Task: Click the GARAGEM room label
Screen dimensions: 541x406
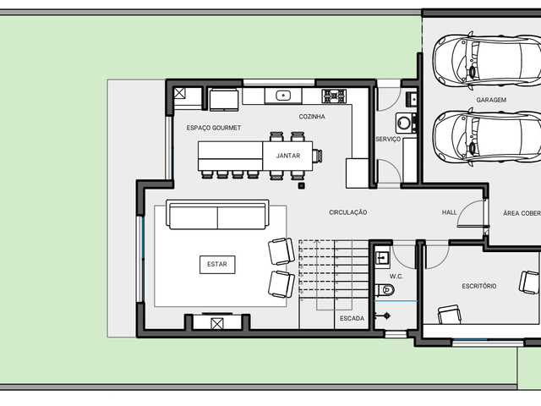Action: click(x=491, y=100)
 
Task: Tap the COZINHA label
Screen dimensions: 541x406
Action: click(x=312, y=117)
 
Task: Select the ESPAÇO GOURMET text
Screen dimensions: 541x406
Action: click(x=214, y=128)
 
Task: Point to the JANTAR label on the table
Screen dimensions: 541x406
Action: click(x=288, y=156)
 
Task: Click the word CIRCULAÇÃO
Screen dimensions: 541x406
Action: click(x=347, y=212)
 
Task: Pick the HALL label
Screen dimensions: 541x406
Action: click(x=449, y=212)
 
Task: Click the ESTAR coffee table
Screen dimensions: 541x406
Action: click(x=217, y=265)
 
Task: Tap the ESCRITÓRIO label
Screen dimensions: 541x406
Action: click(x=479, y=286)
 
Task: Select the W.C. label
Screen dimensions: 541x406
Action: click(x=396, y=277)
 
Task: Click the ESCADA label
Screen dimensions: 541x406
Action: click(x=352, y=318)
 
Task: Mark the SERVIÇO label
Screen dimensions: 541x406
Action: click(x=388, y=139)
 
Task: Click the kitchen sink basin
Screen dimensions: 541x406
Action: click(x=283, y=96)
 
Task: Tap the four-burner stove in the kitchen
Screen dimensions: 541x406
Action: click(x=334, y=96)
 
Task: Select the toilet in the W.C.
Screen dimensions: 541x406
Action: click(x=385, y=289)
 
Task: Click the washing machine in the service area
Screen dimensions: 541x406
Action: click(x=404, y=123)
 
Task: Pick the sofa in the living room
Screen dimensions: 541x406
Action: click(x=217, y=214)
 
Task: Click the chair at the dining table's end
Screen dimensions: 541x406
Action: click(x=318, y=156)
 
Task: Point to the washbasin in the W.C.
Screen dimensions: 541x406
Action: click(x=382, y=257)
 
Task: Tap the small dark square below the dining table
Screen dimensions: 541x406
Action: click(x=302, y=186)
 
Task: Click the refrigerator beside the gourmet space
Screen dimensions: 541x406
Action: click(x=224, y=100)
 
